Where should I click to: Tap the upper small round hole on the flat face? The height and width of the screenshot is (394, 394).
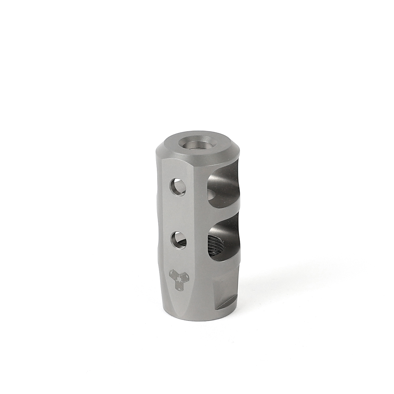[x=177, y=186]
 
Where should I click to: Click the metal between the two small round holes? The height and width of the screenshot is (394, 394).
[x=178, y=213]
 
